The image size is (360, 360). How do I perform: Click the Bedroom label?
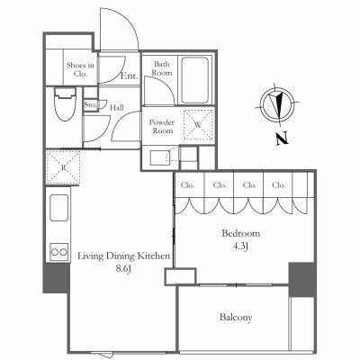click(240, 233)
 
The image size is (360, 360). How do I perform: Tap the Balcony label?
click(236, 318)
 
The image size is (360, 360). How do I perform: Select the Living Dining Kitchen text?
click(124, 256)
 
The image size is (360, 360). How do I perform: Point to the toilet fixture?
click(65, 103)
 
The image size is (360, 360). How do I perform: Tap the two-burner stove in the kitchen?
click(59, 252)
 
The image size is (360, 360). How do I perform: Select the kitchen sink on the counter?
click(58, 208)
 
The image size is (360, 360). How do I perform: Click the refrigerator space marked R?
click(63, 167)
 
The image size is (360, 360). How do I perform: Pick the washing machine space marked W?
click(198, 124)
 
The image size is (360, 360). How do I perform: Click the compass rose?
click(276, 103)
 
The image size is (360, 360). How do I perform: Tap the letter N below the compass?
click(282, 139)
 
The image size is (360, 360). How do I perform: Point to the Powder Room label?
click(162, 127)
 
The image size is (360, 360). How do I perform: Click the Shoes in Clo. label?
click(80, 69)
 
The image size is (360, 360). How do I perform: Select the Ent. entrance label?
click(130, 76)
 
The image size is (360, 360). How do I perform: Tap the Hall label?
click(116, 107)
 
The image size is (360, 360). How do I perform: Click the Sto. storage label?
click(90, 105)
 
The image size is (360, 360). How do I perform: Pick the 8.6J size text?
click(124, 269)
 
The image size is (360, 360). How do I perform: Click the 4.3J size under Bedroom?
click(240, 247)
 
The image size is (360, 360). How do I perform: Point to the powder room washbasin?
click(160, 158)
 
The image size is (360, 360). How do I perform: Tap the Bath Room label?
click(162, 68)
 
